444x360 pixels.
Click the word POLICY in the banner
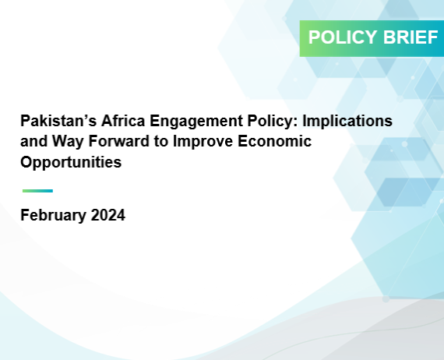coord(343,37)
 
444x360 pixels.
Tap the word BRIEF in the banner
coord(411,37)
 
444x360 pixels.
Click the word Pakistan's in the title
coord(58,121)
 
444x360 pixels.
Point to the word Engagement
coord(196,122)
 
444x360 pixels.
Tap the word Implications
coord(347,122)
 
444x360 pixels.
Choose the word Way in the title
coord(68,142)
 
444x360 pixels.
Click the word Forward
coord(119,141)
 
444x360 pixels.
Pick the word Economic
coord(275,141)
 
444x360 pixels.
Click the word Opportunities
coord(71,163)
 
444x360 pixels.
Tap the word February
coord(53,216)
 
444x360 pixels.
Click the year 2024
coord(108,215)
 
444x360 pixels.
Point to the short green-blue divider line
coord(37,191)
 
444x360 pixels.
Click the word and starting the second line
coord(34,141)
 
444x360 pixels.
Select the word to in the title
coord(161,142)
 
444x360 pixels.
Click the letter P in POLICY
coord(313,37)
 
